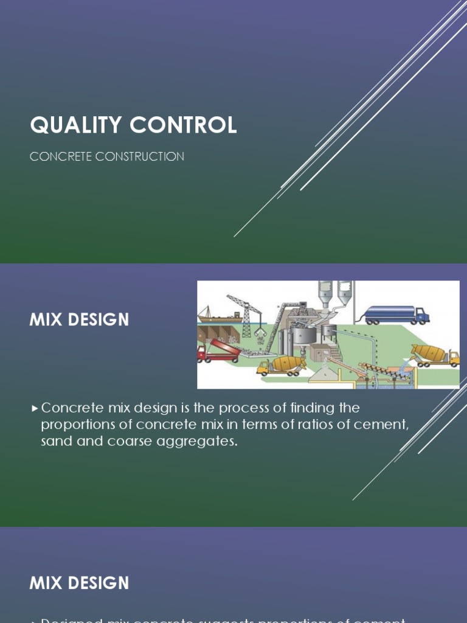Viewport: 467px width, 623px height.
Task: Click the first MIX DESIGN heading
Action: tap(79, 320)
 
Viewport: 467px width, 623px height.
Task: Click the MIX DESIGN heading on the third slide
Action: tap(79, 583)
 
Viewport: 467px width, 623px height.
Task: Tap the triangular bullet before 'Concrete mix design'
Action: tap(35, 408)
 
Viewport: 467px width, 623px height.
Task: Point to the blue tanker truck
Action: tap(396, 315)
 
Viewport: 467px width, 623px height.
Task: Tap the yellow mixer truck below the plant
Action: tap(281, 365)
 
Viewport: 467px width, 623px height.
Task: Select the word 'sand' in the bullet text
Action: tap(57, 441)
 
